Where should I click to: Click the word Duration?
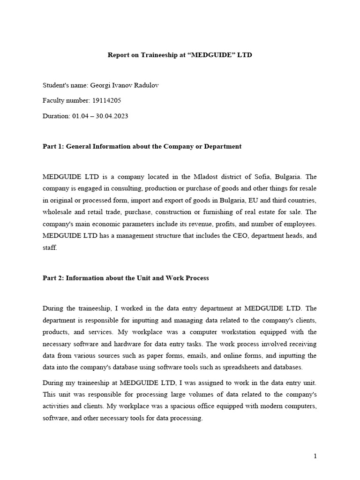tap(56, 116)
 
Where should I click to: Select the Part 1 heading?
tap(142, 146)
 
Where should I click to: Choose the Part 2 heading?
tap(126, 278)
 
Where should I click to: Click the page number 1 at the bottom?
tap(315, 456)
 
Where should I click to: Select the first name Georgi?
tap(107, 86)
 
